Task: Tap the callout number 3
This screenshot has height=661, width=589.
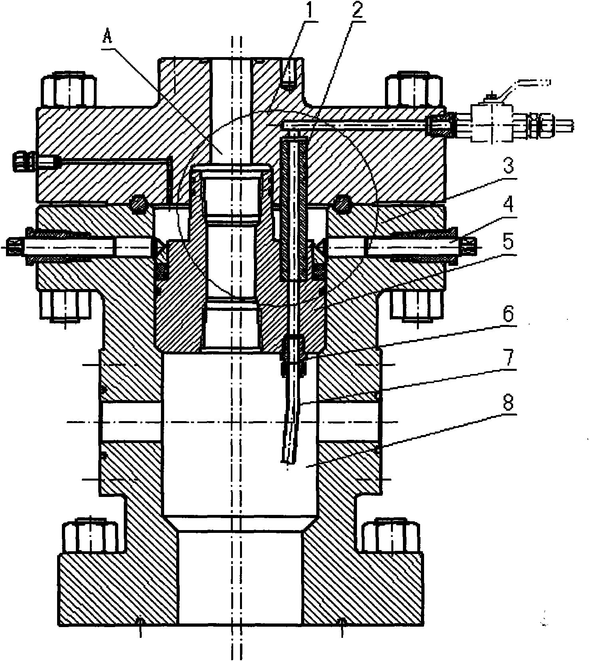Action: (508, 166)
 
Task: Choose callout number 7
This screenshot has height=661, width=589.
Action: (508, 358)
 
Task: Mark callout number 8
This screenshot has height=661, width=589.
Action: (508, 403)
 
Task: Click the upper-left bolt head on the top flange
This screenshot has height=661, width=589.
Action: (69, 90)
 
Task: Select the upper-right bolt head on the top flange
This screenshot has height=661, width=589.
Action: (413, 90)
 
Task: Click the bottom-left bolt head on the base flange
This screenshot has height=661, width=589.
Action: (90, 535)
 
